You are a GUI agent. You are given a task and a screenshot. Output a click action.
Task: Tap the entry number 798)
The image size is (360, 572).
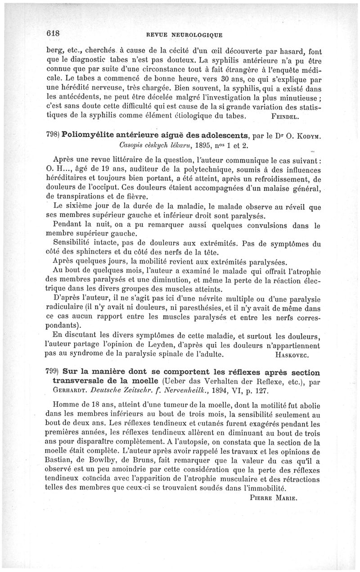(53, 136)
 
